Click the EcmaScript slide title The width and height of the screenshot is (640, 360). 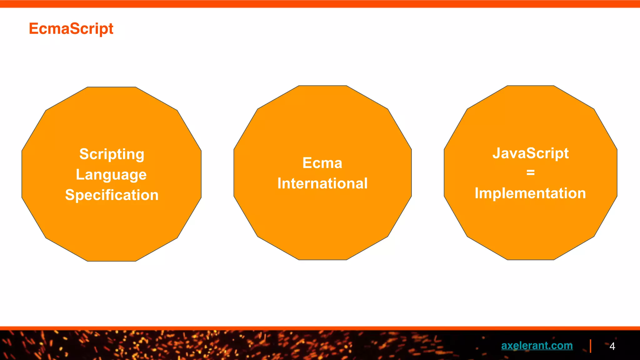(71, 29)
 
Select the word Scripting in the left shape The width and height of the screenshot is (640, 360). (112, 154)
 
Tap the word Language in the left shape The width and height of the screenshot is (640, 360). (111, 174)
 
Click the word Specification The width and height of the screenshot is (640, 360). (112, 195)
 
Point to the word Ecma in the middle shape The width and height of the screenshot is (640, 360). (322, 163)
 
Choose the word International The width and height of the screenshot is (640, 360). (322, 183)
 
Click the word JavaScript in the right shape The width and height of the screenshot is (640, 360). (530, 153)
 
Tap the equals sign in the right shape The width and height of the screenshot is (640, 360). (530, 172)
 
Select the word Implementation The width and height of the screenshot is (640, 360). (530, 193)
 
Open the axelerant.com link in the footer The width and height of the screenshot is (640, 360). (537, 345)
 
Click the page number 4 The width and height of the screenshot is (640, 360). (612, 346)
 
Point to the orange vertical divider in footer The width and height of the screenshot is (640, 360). (590, 346)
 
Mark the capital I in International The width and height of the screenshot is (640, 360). (279, 183)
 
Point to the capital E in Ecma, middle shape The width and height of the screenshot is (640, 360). (307, 163)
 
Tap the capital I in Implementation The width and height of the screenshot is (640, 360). (477, 193)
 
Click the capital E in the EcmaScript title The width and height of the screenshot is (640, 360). (33, 29)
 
